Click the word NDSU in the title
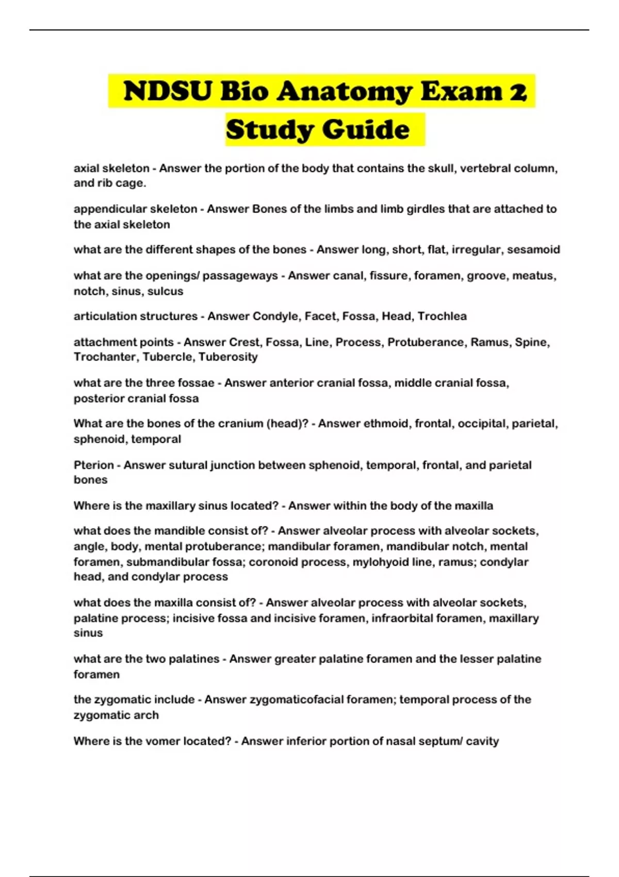[x=168, y=91]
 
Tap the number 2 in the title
[x=517, y=91]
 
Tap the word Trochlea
[x=442, y=316]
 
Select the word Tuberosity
[x=228, y=357]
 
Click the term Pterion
[x=93, y=465]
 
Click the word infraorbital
[x=400, y=618]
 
